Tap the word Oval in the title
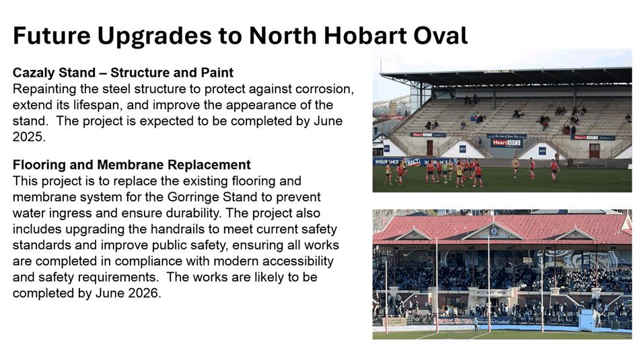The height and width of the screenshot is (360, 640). pyautogui.click(x=440, y=35)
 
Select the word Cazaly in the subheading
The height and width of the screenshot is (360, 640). pyautogui.click(x=34, y=73)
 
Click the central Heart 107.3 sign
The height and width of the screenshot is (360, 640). pyautogui.click(x=506, y=143)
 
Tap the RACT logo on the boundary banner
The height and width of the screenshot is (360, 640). pyautogui.click(x=413, y=162)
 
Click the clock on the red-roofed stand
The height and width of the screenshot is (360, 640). pyautogui.click(x=494, y=231)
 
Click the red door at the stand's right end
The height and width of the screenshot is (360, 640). pyautogui.click(x=594, y=151)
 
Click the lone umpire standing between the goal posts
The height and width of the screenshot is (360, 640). pyautogui.click(x=476, y=324)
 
